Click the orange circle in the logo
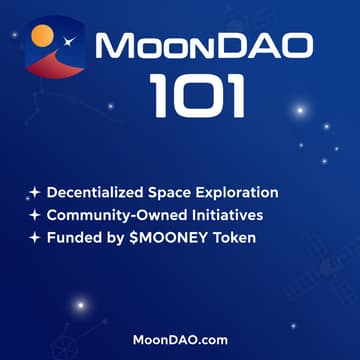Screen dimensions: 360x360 (42, 37)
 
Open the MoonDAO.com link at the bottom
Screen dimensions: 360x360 (180, 339)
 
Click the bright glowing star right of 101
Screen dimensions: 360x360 (297, 108)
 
